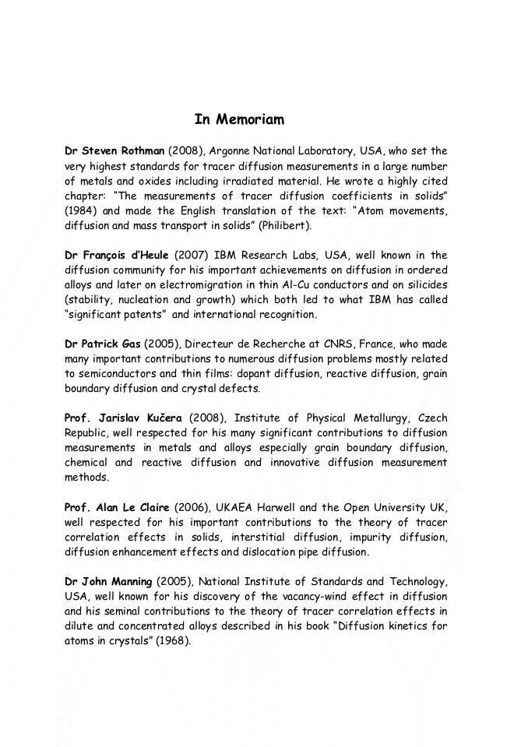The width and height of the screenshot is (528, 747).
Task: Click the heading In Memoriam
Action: [x=239, y=119]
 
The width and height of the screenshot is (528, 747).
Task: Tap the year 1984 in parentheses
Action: [x=80, y=210]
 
